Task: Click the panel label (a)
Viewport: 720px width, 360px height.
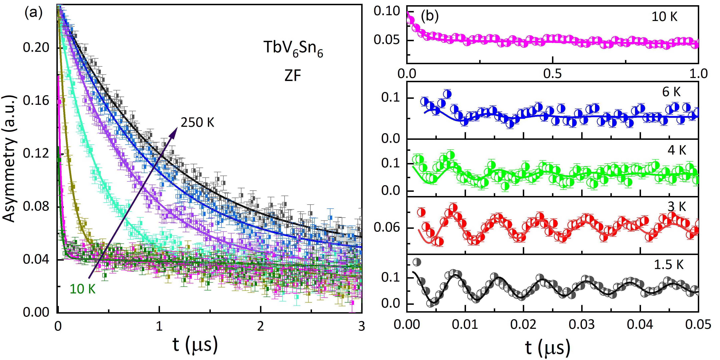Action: (x=34, y=13)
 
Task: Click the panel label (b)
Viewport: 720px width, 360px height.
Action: (x=430, y=16)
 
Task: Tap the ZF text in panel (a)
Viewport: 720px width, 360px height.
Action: (x=293, y=75)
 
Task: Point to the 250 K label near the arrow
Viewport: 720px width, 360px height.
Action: (x=197, y=122)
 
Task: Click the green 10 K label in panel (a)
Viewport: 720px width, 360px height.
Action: (x=82, y=289)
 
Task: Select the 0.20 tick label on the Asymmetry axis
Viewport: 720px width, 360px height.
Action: (x=36, y=48)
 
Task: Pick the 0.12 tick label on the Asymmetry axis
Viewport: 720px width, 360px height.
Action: (x=36, y=153)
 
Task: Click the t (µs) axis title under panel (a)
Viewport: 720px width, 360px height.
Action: (x=195, y=345)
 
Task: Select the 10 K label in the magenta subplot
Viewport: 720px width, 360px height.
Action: (x=664, y=17)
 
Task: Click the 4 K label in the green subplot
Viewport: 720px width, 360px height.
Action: (x=677, y=150)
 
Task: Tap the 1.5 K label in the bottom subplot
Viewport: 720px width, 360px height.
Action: (x=669, y=264)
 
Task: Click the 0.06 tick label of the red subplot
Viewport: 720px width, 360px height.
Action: (x=387, y=228)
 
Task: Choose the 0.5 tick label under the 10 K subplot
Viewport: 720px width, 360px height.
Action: (x=552, y=74)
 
